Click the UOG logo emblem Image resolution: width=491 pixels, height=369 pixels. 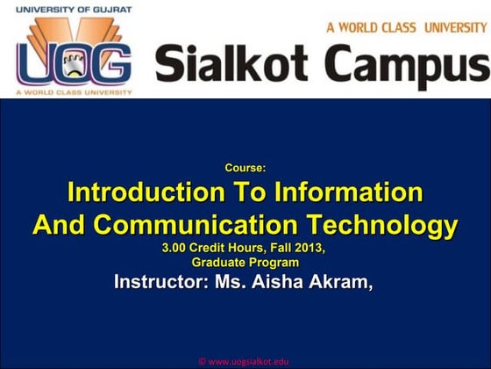click(x=72, y=54)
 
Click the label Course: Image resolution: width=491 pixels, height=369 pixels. click(x=245, y=167)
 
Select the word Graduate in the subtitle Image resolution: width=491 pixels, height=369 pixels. click(x=218, y=263)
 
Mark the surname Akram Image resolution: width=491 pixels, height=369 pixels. click(x=345, y=283)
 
